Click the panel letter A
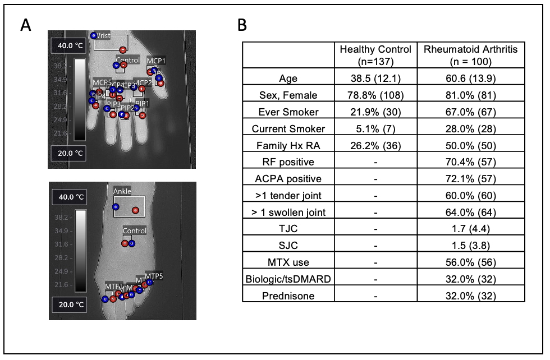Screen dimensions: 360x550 point(25,25)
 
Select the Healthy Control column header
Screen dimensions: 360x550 point(375,55)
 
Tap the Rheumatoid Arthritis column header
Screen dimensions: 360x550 point(471,55)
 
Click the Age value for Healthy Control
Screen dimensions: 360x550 point(375,79)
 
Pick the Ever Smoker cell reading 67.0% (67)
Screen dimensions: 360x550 point(471,112)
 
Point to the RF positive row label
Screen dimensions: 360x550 point(288,162)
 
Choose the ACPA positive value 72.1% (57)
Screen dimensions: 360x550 point(471,179)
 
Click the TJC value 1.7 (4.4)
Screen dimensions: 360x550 point(471,229)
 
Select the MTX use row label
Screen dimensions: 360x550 point(288,262)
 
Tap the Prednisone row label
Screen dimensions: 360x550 point(288,296)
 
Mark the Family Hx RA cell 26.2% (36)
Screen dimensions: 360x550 point(375,145)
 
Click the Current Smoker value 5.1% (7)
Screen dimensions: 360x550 point(375,128)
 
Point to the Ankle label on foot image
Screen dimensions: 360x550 point(122,191)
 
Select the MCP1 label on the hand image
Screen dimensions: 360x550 point(156,60)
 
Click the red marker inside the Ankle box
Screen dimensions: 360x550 point(135,210)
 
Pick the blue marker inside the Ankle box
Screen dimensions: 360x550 point(116,207)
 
